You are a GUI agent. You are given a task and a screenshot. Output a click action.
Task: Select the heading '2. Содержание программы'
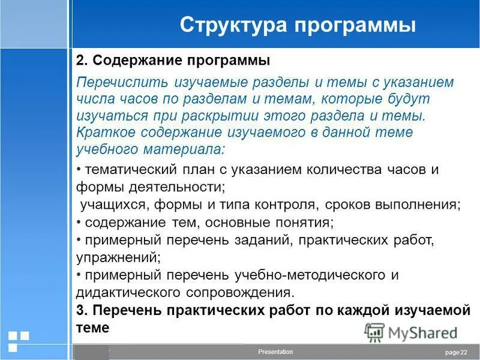173,61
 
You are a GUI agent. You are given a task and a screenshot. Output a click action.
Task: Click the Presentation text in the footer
275,352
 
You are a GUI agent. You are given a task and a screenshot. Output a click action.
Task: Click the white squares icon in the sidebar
17,340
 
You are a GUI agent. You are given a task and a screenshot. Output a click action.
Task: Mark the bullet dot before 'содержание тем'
79,222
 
